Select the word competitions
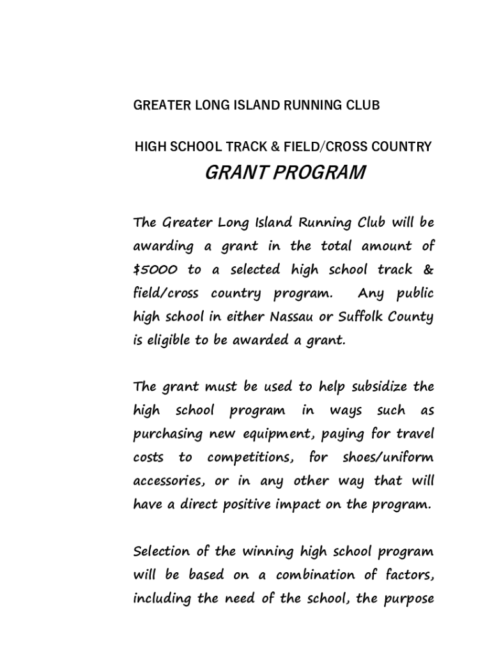point(250,459)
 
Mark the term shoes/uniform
point(388,459)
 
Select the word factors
point(407,575)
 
